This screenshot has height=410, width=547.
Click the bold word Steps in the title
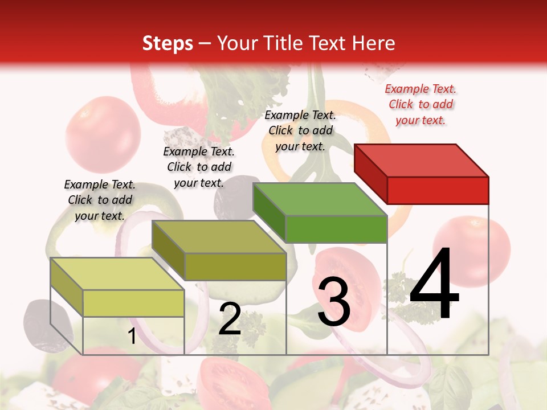pos(168,43)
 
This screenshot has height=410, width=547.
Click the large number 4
pos(434,285)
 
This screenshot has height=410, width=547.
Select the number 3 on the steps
pos(333,302)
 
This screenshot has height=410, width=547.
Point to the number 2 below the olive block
pos(230,319)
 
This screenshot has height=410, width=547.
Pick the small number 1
pos(132,337)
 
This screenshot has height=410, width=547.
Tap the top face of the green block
pos(320,199)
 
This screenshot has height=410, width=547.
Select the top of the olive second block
pos(219,237)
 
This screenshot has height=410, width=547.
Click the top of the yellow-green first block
pos(117,274)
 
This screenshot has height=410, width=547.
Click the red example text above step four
pos(421,104)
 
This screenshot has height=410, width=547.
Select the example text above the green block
pos(300,130)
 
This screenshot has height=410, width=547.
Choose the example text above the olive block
pos(199,167)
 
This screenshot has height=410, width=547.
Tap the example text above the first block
pos(100,200)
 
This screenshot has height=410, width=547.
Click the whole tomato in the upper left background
pos(103,134)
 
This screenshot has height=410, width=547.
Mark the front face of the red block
pos(438,190)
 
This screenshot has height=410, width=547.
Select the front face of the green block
pos(336,229)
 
